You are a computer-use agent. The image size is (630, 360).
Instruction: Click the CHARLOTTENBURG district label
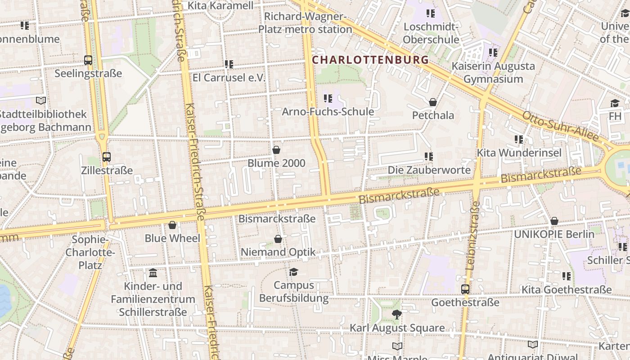coord(370,59)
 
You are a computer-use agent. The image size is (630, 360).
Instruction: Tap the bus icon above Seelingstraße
coord(88,60)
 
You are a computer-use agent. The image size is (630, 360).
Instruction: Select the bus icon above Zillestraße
coord(107,157)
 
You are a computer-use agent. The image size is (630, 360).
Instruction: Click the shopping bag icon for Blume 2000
coord(276,150)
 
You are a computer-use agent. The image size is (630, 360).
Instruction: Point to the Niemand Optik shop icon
coord(278,239)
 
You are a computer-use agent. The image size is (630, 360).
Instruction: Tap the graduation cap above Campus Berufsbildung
coord(294,272)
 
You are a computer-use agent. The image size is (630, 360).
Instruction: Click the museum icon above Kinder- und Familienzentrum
coord(153,273)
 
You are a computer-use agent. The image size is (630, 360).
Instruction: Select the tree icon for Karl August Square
coord(396,315)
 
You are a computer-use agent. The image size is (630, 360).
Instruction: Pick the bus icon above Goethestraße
coord(465,289)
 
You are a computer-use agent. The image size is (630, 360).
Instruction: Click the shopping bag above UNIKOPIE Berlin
coord(554,221)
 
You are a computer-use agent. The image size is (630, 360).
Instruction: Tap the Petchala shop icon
coord(433,102)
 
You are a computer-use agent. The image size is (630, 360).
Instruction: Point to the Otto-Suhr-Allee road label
coord(560,126)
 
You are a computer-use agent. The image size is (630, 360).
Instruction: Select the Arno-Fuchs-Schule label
coord(328,111)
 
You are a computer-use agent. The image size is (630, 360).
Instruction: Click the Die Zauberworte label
coord(429,170)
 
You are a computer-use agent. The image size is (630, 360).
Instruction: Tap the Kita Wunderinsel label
coord(519,153)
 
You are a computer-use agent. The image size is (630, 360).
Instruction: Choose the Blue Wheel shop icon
coord(172,225)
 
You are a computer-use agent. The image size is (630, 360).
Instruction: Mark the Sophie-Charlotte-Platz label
coord(90,252)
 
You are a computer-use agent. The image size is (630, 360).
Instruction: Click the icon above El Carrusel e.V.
coord(229,64)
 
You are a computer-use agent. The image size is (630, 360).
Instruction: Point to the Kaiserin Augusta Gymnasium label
coord(493,72)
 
